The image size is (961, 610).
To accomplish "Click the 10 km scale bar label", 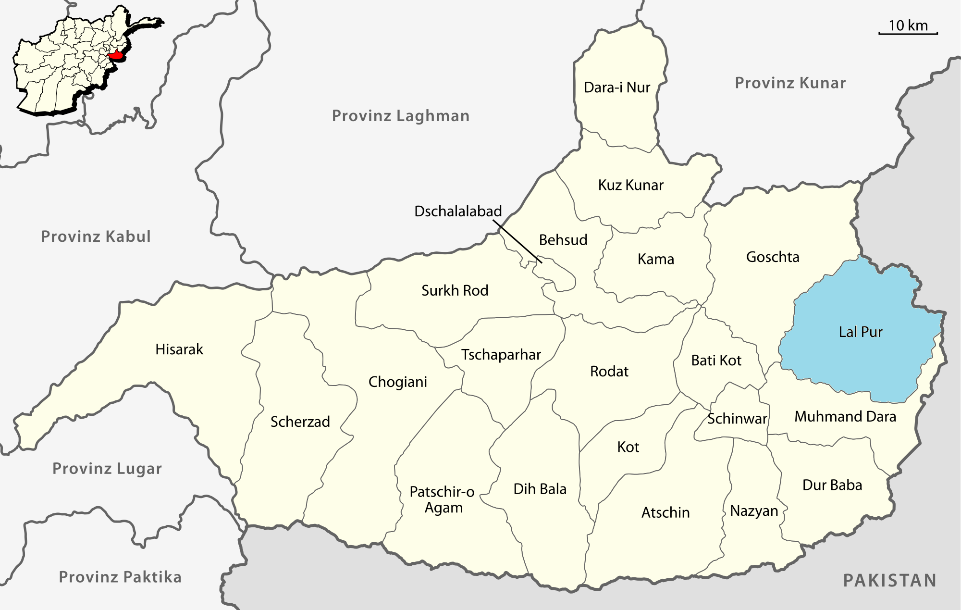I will [x=908, y=25].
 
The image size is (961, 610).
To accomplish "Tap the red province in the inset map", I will [x=116, y=56].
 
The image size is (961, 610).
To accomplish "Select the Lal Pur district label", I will [x=860, y=332].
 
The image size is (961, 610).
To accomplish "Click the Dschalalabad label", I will [x=458, y=212].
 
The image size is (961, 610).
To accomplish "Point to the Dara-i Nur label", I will [x=616, y=87].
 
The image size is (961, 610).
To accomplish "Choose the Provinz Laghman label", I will [x=400, y=116].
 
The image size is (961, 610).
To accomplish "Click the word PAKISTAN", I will [x=889, y=581].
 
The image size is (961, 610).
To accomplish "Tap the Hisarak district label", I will [x=179, y=349].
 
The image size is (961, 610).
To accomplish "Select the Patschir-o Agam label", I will [x=443, y=499].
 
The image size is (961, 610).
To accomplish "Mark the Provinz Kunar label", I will [x=790, y=83].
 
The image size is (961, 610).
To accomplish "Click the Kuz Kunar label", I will [x=630, y=185].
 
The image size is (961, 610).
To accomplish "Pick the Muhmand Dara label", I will [x=845, y=416].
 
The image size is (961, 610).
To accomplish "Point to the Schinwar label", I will [x=737, y=419].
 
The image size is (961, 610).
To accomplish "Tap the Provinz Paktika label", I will [x=120, y=577].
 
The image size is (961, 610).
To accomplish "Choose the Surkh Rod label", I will [x=455, y=290].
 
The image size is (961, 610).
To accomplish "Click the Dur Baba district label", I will [x=832, y=485].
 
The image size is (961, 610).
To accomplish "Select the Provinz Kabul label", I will [x=96, y=237].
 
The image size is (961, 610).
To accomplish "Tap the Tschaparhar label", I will [x=501, y=355].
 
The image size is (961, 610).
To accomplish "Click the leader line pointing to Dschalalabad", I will [x=518, y=242].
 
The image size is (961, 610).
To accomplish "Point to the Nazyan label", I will [x=753, y=510].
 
